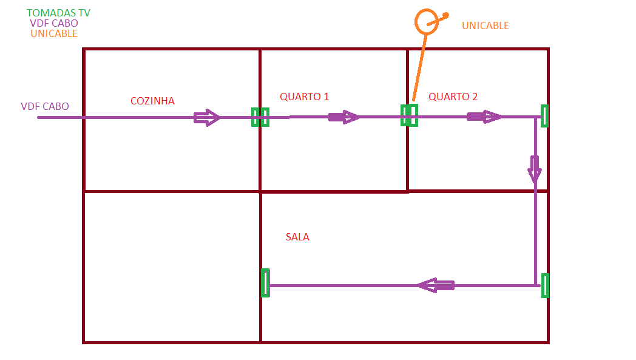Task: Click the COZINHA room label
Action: pyautogui.click(x=152, y=101)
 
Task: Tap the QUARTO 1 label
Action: pyautogui.click(x=304, y=97)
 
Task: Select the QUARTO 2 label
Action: pyautogui.click(x=453, y=97)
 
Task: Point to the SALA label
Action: pyautogui.click(x=297, y=237)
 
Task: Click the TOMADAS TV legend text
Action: pyautogui.click(x=59, y=13)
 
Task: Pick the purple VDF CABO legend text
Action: pyautogui.click(x=54, y=23)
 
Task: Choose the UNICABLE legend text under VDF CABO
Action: pyautogui.click(x=54, y=33)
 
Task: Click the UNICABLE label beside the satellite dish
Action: pyautogui.click(x=485, y=25)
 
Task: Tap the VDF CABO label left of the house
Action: pyautogui.click(x=45, y=106)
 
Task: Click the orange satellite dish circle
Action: pyautogui.click(x=426, y=21)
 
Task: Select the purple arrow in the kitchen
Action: pyautogui.click(x=206, y=117)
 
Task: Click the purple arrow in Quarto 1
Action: pyautogui.click(x=343, y=117)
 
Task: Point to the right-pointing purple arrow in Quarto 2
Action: pyautogui.click(x=484, y=117)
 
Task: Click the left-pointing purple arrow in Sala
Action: pyautogui.click(x=436, y=285)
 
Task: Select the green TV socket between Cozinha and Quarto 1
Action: pyautogui.click(x=260, y=117)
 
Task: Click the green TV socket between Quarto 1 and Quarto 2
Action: pyautogui.click(x=409, y=115)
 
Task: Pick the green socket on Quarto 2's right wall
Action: pyautogui.click(x=544, y=115)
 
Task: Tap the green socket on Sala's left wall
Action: pyautogui.click(x=265, y=283)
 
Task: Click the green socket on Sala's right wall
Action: pyautogui.click(x=545, y=285)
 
